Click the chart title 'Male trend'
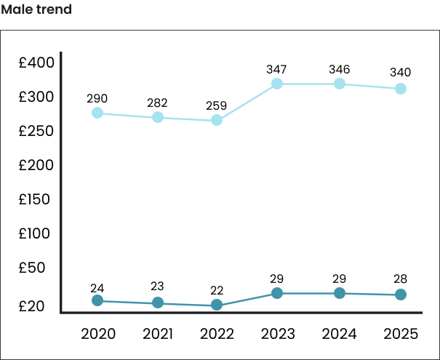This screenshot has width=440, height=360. (x=36, y=11)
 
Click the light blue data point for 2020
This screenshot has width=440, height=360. (x=97, y=113)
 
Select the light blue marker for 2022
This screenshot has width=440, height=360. (x=217, y=120)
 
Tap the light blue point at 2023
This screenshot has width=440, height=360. (x=277, y=84)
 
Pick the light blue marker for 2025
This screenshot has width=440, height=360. (x=400, y=89)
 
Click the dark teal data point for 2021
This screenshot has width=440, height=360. (x=157, y=303)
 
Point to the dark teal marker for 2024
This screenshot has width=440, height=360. (x=340, y=293)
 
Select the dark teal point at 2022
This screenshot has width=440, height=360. (x=217, y=305)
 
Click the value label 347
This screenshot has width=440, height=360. (x=276, y=70)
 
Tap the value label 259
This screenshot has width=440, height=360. (x=216, y=105)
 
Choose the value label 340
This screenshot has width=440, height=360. (x=400, y=72)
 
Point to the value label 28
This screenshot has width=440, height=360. (x=400, y=279)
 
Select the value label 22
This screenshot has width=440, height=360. (x=216, y=290)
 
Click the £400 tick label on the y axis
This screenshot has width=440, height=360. (x=37, y=63)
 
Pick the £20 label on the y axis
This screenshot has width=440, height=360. (x=32, y=306)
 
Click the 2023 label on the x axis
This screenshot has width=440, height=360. (x=277, y=334)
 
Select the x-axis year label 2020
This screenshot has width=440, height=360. (x=97, y=334)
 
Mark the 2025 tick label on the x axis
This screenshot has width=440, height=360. (x=400, y=334)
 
